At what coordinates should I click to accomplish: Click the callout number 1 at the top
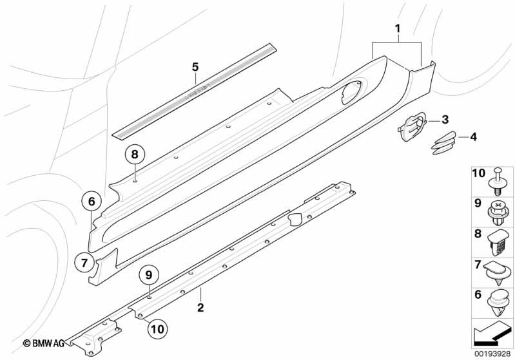tap(398, 28)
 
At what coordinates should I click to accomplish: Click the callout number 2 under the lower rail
tap(200, 308)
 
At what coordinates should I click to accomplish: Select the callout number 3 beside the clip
tap(445, 120)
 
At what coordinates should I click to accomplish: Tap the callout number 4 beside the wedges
tap(473, 137)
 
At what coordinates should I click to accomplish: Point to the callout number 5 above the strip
tap(195, 66)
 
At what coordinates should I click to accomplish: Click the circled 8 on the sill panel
tap(135, 154)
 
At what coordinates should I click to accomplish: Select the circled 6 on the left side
tap(91, 202)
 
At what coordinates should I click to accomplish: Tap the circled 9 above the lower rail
tap(148, 274)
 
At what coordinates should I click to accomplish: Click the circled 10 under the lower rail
tap(156, 328)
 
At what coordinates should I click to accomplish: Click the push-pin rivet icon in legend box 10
tap(498, 180)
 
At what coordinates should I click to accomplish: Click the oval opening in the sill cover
tap(351, 93)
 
